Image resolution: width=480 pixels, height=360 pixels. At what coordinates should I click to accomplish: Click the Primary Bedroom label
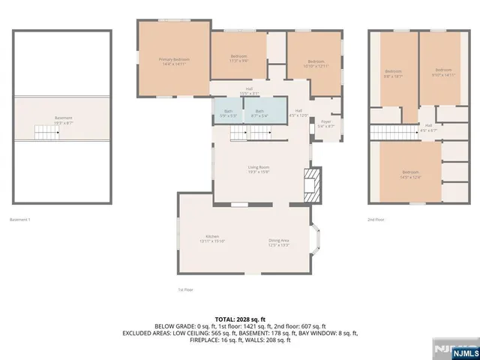173,61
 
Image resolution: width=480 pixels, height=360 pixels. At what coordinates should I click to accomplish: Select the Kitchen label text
212,238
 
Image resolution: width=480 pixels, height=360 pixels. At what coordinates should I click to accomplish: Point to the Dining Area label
279,242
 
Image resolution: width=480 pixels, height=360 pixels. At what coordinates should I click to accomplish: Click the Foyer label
326,124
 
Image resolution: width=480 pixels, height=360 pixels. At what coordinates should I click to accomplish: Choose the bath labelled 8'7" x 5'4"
259,113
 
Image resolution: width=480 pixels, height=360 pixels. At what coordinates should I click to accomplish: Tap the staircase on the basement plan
47,133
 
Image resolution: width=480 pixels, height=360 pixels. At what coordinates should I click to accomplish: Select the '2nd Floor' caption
375,220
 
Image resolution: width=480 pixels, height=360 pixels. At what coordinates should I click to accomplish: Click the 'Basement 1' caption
19,220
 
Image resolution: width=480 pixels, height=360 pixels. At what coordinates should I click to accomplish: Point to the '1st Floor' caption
185,289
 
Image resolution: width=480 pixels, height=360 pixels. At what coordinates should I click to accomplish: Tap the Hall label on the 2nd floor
428,127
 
